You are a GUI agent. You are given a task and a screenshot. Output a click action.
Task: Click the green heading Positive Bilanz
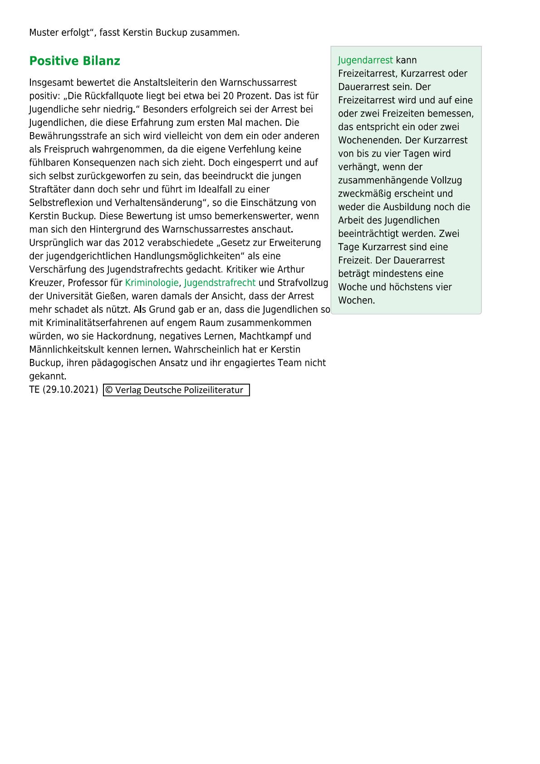coord(74,61)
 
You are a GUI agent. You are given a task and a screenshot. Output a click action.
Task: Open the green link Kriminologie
coord(152,283)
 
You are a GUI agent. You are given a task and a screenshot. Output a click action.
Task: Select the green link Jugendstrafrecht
coord(220,283)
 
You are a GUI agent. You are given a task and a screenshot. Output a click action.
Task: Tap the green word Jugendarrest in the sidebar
coord(365,60)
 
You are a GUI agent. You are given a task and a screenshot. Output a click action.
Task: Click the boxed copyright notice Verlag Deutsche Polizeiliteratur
coord(177,390)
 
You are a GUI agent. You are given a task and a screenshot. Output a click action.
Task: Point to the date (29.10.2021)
coord(70,389)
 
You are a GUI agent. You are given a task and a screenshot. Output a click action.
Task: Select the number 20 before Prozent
coord(228,96)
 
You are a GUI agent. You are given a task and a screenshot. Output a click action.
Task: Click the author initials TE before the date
coord(34,389)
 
